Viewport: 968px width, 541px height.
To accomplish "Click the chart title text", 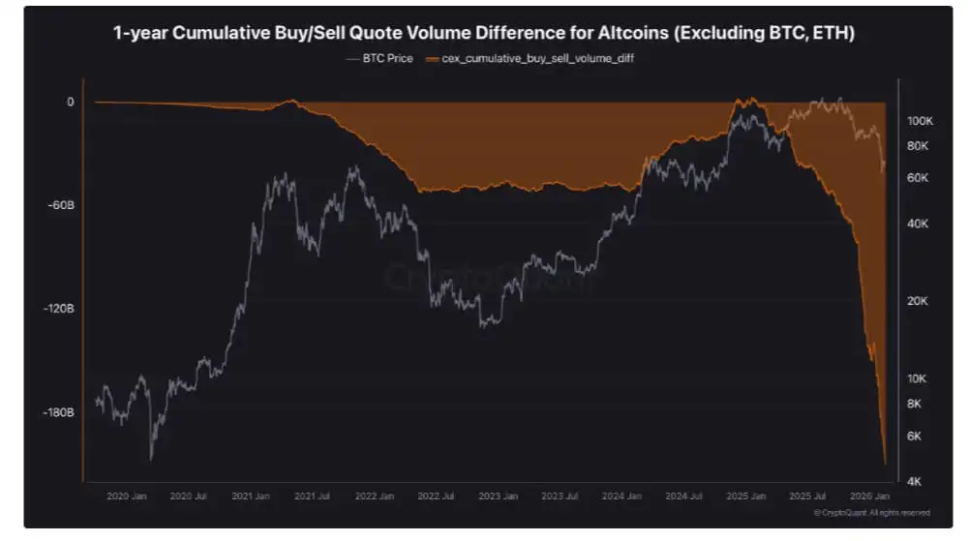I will [x=483, y=34].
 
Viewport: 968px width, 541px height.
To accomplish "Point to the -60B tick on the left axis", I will [x=61, y=205].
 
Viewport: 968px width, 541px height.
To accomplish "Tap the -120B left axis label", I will [x=59, y=309].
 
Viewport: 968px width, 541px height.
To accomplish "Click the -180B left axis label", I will [x=59, y=412].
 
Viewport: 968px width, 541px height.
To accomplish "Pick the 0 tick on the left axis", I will [x=70, y=102].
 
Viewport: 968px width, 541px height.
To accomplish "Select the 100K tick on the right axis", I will [x=919, y=122].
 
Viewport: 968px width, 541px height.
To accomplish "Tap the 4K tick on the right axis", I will [x=915, y=481].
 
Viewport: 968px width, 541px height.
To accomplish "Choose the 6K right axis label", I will [x=915, y=436].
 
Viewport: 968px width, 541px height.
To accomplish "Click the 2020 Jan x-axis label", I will [x=125, y=496].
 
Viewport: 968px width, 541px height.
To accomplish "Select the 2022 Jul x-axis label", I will [x=435, y=496].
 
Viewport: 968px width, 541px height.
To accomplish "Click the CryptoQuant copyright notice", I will [x=872, y=512].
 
